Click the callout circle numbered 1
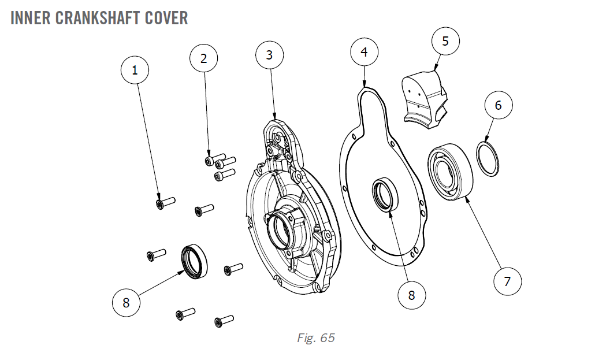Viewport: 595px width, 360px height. coord(135,70)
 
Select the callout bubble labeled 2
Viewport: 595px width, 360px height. coord(203,58)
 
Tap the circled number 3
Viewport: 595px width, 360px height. coord(269,55)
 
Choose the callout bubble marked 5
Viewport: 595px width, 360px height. coord(445,41)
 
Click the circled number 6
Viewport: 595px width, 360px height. coord(498,105)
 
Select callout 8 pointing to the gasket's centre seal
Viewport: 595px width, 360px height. coord(411,295)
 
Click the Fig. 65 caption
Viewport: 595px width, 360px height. coord(315,338)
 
